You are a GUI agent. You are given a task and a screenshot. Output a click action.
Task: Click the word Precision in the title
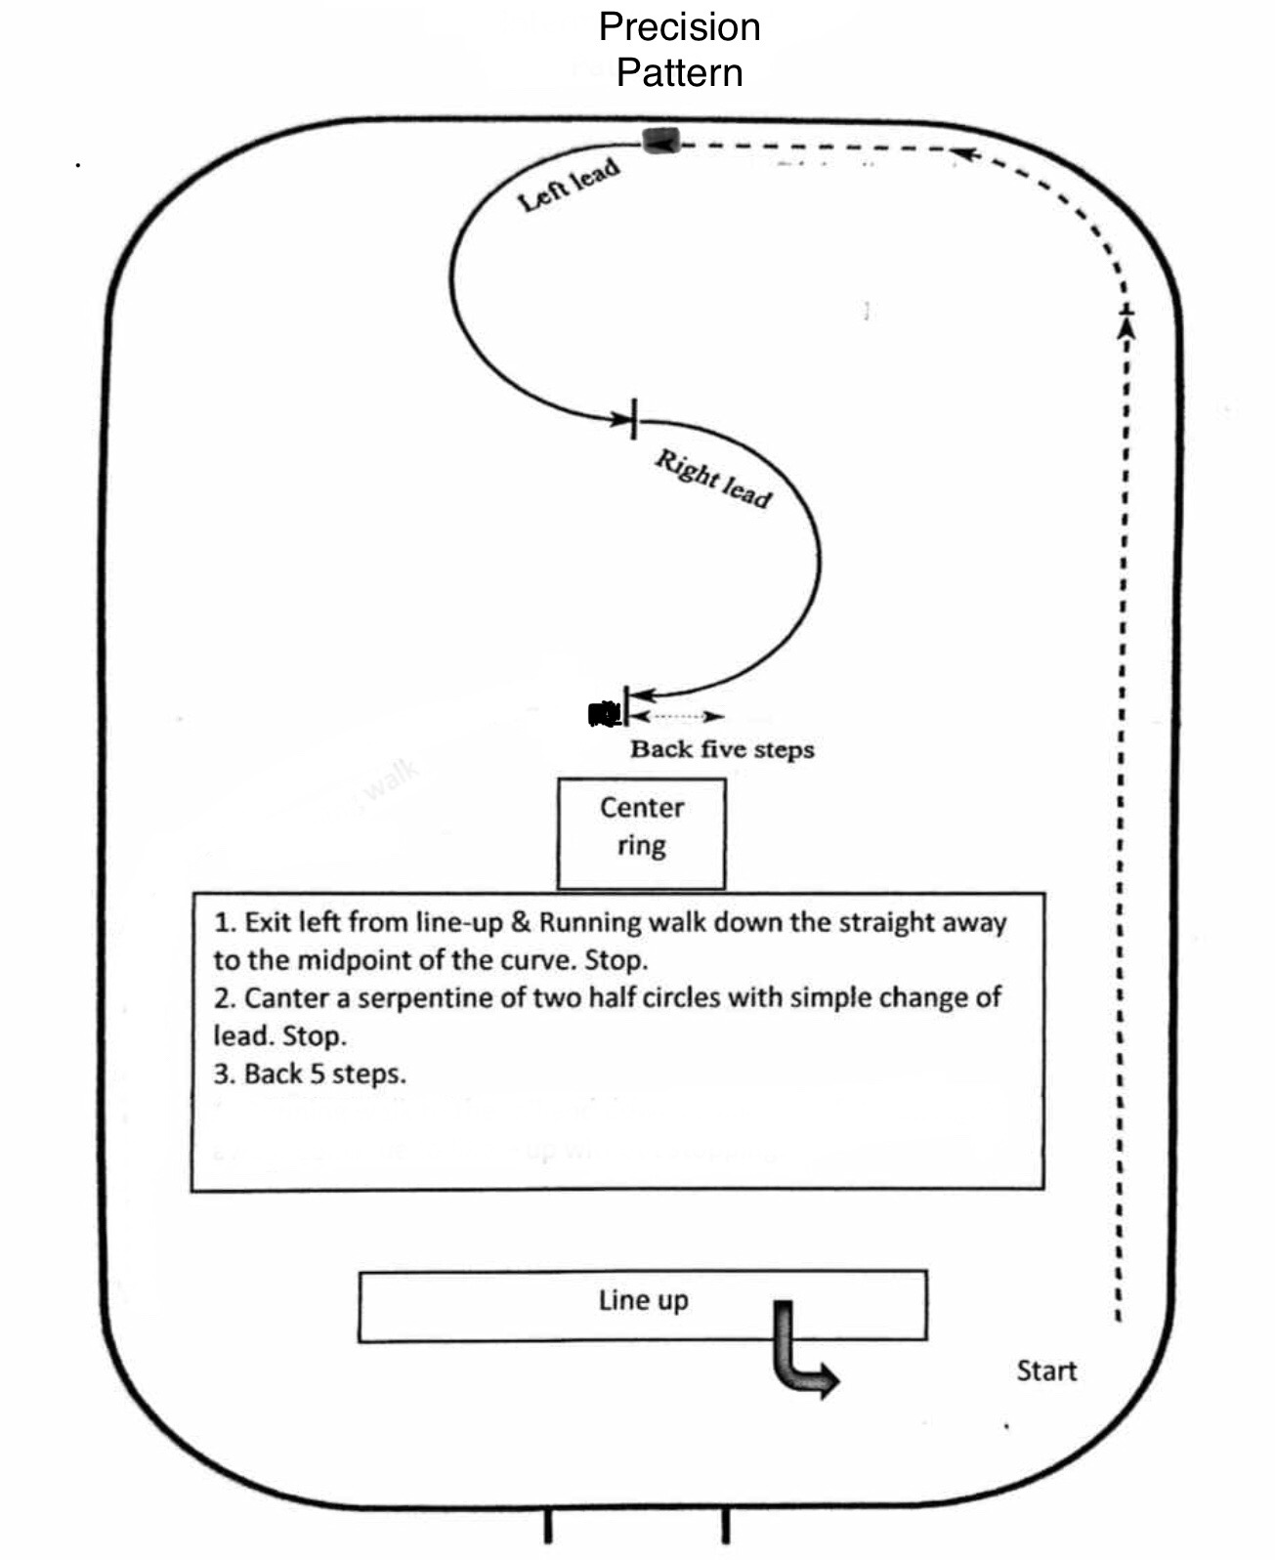[679, 26]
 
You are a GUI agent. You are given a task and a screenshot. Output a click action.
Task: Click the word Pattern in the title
[679, 72]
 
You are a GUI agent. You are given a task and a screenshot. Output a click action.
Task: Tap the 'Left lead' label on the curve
[569, 185]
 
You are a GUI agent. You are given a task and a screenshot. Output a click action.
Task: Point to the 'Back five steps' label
[722, 749]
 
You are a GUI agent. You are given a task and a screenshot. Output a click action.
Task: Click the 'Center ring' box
[641, 832]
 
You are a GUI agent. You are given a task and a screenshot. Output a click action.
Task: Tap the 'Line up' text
[643, 1300]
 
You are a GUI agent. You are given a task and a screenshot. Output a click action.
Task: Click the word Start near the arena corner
[1046, 1370]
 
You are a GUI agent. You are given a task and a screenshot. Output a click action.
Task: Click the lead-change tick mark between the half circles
[634, 419]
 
